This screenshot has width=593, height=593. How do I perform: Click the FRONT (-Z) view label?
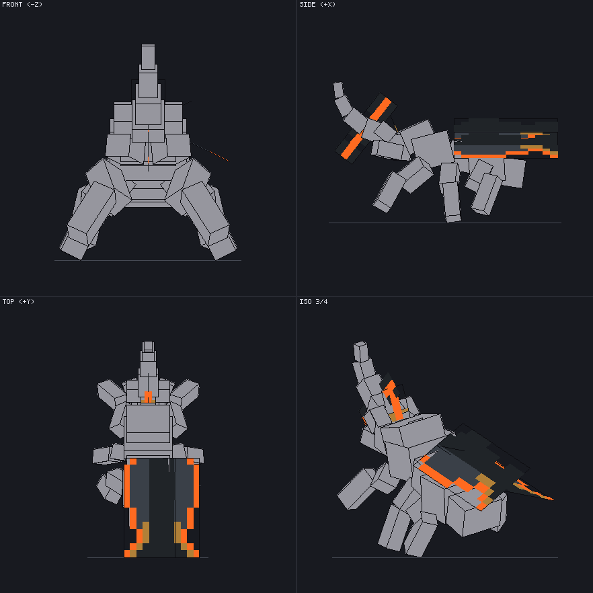[x=22, y=5]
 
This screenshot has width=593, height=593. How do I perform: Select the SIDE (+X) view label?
[x=317, y=5]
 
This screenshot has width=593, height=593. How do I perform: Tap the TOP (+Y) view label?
[x=18, y=301]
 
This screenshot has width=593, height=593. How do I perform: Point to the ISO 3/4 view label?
[x=313, y=301]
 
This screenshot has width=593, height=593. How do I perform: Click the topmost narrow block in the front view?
[x=148, y=57]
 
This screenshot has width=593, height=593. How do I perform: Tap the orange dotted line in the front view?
[x=210, y=152]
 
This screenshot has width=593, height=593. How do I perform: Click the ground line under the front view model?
[x=148, y=261]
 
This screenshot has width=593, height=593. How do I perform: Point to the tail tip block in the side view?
[x=338, y=90]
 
